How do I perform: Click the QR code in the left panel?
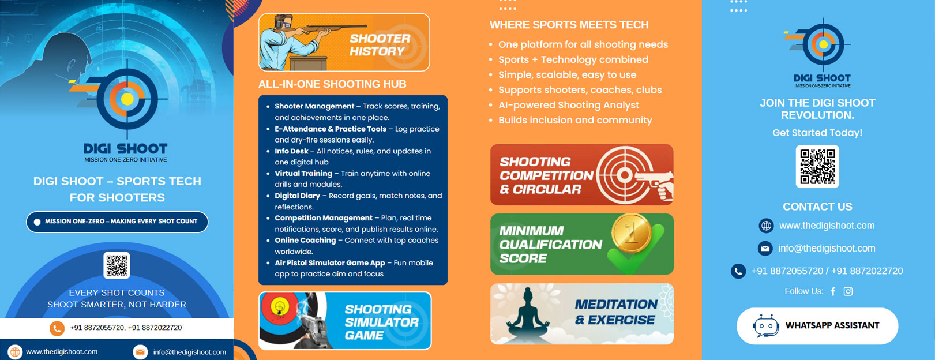[x=117, y=265]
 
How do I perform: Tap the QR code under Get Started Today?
[x=817, y=166]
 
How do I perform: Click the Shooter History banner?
[x=344, y=42]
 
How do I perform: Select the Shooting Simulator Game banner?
[x=345, y=321]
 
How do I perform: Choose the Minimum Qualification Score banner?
[x=582, y=244]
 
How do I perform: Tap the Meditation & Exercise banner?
[x=582, y=314]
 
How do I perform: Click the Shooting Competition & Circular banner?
[x=582, y=175]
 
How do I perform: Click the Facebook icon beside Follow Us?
[x=833, y=291]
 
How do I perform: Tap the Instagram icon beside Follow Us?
[x=848, y=291]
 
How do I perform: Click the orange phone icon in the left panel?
[x=57, y=328]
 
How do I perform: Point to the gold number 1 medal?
[x=632, y=234]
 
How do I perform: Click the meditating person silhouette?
[x=528, y=314]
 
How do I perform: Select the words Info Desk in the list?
[x=291, y=151]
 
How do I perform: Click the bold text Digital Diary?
[x=297, y=196]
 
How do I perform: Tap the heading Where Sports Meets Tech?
[x=569, y=25]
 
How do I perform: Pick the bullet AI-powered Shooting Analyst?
[x=569, y=105]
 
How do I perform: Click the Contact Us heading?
[x=817, y=207]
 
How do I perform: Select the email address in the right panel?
[x=827, y=249]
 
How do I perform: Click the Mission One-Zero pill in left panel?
[x=117, y=222]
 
